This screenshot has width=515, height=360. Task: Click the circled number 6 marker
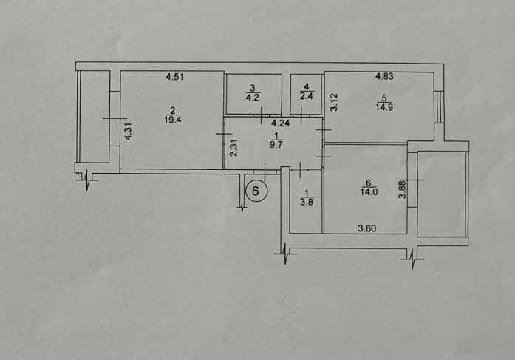tap(256, 191)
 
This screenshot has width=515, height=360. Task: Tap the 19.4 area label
tap(173, 120)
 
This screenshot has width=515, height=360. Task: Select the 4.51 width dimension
tap(174, 77)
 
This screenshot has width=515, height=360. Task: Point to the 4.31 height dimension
tap(129, 132)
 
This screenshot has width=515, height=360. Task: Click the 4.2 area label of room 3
tap(252, 98)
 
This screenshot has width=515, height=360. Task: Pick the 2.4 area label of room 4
tap(306, 96)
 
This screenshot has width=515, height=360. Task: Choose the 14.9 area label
tap(384, 107)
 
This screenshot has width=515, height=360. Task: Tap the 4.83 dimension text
tap(384, 77)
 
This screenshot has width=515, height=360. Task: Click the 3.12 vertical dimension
tap(334, 102)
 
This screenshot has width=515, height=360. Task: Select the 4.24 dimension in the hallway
tap(280, 123)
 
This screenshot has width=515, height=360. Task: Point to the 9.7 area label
tap(276, 145)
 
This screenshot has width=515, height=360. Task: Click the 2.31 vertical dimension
tap(233, 148)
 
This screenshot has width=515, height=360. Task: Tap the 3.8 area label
tap(307, 202)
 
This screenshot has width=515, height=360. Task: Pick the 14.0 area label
tap(369, 191)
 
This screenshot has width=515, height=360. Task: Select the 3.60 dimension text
tap(367, 228)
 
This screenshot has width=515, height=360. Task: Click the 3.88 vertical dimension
tap(402, 191)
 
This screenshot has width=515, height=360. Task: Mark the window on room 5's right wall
tap(438, 107)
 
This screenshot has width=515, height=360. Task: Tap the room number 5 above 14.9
tap(383, 98)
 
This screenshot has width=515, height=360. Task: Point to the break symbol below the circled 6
tap(242, 207)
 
